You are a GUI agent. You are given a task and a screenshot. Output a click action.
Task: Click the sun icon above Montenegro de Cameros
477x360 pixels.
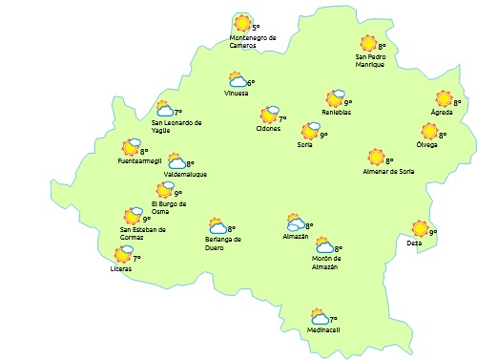[242, 24]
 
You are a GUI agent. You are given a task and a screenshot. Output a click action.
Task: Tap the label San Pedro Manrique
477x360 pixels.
[369, 61]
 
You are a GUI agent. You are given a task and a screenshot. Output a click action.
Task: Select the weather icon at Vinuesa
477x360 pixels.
[238, 81]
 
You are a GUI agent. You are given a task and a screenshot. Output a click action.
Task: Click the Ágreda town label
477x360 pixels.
[442, 113]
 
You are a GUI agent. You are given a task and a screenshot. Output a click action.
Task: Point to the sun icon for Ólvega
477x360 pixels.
[429, 131]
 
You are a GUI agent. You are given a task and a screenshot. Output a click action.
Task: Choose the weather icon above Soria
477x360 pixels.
[310, 131]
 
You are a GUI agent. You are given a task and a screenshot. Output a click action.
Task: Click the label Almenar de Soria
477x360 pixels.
[388, 171]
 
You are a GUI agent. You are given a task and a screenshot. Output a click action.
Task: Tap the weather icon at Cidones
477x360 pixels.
[268, 116]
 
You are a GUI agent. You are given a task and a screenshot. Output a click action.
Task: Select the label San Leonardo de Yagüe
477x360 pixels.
[176, 127]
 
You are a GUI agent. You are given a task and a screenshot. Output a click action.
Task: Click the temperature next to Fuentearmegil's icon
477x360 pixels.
[144, 151]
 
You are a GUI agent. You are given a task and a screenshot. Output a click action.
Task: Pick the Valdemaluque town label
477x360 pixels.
[185, 175]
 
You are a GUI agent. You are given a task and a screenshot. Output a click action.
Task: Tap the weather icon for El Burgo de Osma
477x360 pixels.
[165, 191]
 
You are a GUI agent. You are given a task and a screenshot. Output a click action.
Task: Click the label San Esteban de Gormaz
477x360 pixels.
[143, 233]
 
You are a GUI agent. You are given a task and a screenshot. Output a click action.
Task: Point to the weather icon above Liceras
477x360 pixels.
[123, 254]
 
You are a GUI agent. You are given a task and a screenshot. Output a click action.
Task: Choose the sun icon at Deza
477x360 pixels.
[420, 228]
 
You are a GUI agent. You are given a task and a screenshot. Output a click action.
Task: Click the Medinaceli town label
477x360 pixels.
[323, 330]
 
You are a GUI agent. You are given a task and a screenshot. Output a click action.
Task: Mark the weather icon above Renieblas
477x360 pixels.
[335, 98]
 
